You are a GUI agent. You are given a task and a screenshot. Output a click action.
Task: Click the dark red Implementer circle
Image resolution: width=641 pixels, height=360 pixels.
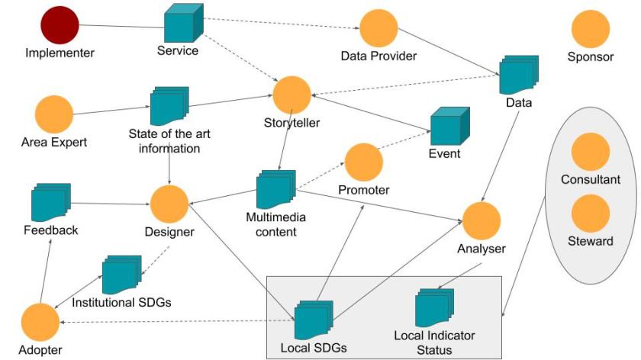(60, 24)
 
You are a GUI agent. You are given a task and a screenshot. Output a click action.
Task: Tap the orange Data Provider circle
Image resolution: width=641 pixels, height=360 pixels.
(378, 28)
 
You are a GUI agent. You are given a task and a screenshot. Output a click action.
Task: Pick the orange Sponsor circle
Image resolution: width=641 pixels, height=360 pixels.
(590, 28)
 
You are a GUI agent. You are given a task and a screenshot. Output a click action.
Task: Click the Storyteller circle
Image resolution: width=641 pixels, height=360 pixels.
(292, 95)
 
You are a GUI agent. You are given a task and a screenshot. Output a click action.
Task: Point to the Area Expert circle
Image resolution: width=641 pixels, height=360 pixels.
(53, 114)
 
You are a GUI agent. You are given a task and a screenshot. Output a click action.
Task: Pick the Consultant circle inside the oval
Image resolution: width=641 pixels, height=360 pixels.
(590, 152)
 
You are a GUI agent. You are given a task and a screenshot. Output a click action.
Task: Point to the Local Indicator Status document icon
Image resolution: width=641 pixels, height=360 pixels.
(435, 307)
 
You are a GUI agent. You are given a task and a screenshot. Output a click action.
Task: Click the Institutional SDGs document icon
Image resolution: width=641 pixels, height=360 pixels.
(121, 274)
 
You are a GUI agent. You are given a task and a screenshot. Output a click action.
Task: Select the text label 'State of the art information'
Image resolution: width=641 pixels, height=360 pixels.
(169, 141)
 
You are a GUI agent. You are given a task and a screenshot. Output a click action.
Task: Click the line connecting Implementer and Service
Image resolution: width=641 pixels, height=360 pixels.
(122, 29)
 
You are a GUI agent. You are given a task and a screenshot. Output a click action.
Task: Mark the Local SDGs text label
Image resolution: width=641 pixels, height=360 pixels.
(314, 348)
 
